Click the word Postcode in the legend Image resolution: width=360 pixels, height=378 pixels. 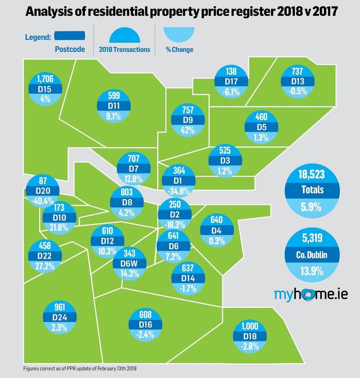[70, 49]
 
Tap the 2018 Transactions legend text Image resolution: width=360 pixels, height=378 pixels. [124, 49]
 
